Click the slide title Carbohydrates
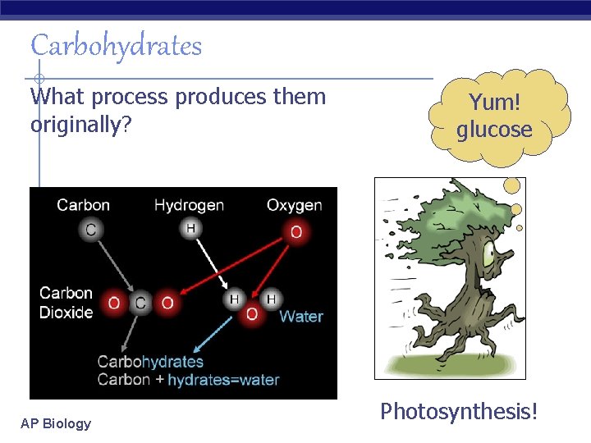[116, 46]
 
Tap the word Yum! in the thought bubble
[494, 103]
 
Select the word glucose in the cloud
[494, 130]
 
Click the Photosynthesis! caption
[459, 411]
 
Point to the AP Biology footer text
[56, 423]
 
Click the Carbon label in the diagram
[83, 205]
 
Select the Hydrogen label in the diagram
[189, 205]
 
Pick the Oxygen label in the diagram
[294, 205]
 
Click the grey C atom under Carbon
[89, 231]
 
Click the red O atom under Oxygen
[295, 231]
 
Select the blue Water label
[301, 316]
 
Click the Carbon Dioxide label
[66, 302]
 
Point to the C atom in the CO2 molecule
[140, 304]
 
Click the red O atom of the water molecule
[252, 315]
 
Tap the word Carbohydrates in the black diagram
[150, 361]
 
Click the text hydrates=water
[223, 380]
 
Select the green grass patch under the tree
[449, 365]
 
